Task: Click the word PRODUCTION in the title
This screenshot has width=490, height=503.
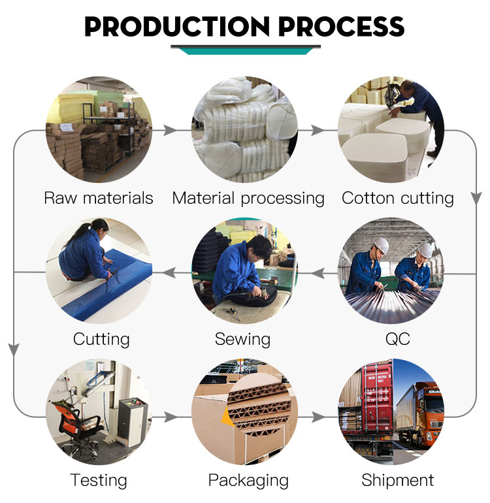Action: pos(177,26)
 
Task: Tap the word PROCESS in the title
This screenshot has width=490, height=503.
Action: pos(342,26)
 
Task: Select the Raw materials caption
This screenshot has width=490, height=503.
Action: pos(99,197)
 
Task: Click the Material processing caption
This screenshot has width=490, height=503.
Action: pos(248,199)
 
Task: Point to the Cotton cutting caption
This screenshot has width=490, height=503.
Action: pos(398,199)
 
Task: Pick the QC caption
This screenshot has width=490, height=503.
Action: pos(398,339)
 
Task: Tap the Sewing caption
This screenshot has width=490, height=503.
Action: pos(242,340)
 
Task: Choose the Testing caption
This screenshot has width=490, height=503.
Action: pos(99,481)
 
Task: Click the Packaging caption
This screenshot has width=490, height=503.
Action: pos(248,481)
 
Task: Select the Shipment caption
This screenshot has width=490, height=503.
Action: pos(398,480)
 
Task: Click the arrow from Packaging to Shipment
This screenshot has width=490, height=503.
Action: pos(318,417)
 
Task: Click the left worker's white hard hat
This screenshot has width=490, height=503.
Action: pos(381,245)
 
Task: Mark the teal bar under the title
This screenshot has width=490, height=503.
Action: pos(246,51)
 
